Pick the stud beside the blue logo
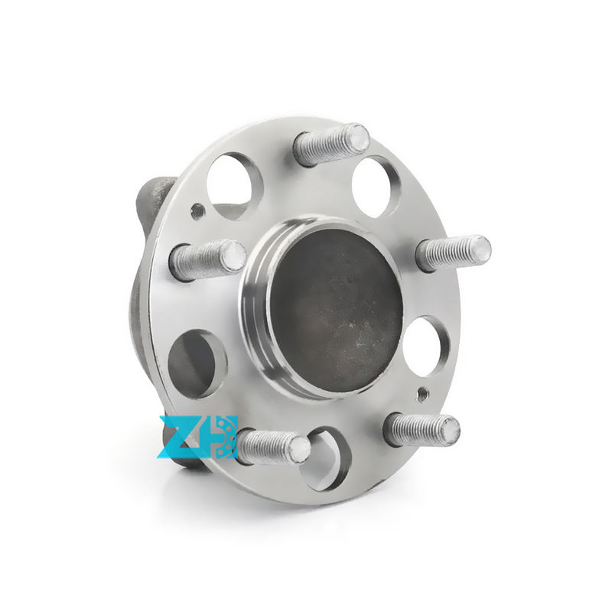[x=272, y=446]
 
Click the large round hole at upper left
[x=234, y=184]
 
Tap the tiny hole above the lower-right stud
[x=420, y=396]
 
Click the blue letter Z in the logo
[x=177, y=438]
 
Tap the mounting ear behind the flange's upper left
[x=154, y=200]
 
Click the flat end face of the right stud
[x=479, y=249]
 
